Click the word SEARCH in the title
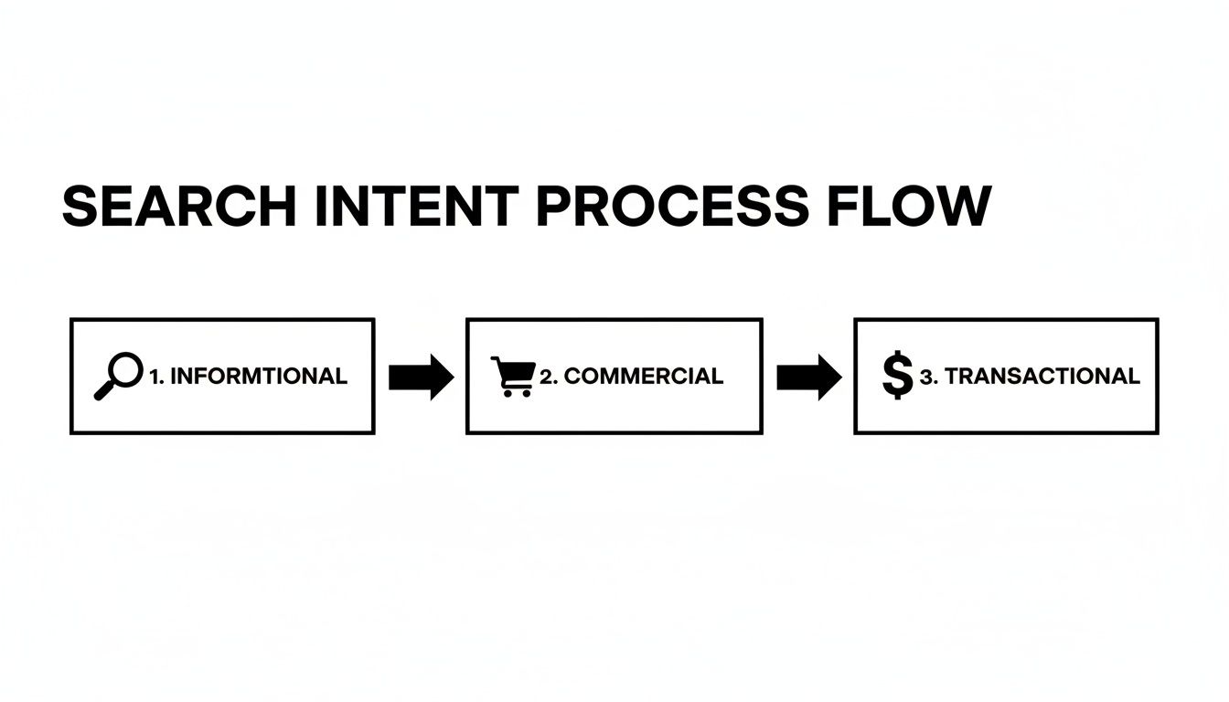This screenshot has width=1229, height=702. pos(179,207)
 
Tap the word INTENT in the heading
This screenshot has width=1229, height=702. pos(417,207)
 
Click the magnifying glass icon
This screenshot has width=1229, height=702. pos(119,377)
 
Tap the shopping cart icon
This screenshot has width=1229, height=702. pos(513,377)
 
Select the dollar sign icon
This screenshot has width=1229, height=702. pos(898,376)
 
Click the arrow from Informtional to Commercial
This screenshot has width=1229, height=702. pos(420,377)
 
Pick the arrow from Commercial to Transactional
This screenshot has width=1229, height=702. pos(808,377)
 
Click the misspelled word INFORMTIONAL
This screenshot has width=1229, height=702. pos(259,376)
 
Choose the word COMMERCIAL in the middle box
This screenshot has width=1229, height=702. pos(644,376)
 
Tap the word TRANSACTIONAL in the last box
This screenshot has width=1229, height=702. pos(1042,376)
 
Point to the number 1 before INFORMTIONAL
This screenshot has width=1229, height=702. pos(154,376)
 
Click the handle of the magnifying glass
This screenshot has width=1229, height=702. pos(104,390)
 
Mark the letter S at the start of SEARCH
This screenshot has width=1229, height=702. pos(79,207)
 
